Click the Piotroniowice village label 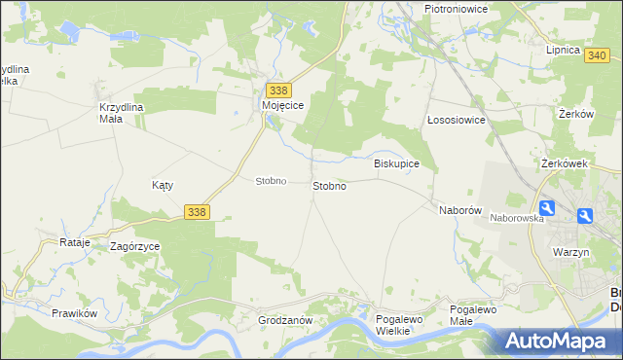click(x=456, y=9)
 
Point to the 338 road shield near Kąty click(x=196, y=211)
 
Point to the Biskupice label click(x=396, y=163)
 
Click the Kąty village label click(x=163, y=185)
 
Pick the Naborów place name click(x=460, y=209)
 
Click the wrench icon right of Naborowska click(x=548, y=208)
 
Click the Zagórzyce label click(x=135, y=247)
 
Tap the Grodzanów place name click(x=284, y=320)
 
